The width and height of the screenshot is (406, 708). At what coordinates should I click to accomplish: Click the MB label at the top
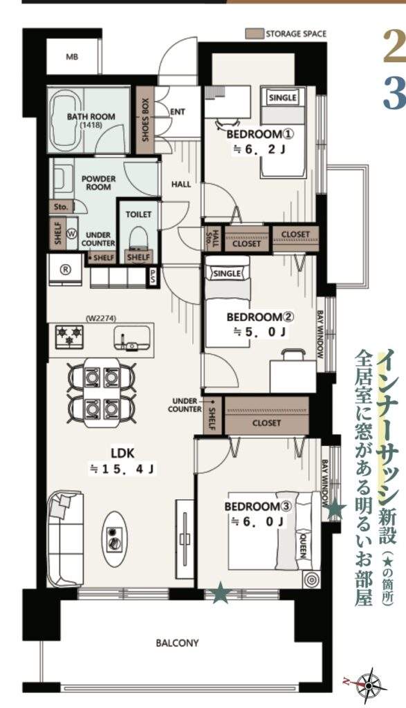tap(72, 57)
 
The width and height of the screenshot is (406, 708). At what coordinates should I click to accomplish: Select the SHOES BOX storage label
tap(146, 120)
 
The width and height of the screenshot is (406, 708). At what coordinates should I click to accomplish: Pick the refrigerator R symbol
tap(66, 270)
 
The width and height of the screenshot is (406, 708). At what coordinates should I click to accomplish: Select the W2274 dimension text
tap(100, 318)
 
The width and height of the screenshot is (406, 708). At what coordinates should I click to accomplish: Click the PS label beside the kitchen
tap(153, 277)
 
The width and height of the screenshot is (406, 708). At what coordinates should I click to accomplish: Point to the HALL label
tap(181, 184)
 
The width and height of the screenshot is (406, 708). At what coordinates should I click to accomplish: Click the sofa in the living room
tap(66, 539)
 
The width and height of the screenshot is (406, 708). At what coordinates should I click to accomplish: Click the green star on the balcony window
tap(221, 593)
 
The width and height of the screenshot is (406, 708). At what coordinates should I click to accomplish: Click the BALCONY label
tap(177, 642)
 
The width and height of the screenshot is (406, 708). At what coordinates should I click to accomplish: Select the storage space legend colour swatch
tap(255, 34)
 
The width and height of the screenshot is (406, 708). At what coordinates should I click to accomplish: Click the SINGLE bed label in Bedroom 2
tap(227, 274)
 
